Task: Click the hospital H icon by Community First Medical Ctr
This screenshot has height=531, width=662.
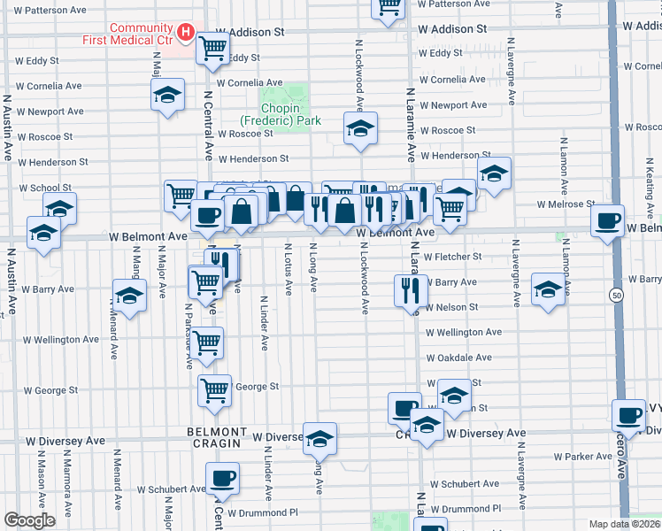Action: pos(186,33)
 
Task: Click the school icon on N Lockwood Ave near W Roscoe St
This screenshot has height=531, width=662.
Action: pos(360,128)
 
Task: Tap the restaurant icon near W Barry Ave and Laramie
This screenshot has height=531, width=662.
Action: pos(410,290)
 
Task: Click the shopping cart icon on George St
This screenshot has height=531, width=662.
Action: pos(215,390)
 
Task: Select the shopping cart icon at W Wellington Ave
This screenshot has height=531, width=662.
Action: pos(207,343)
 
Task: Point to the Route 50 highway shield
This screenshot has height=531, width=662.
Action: pos(615,294)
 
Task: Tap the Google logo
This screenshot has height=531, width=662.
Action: pos(29,520)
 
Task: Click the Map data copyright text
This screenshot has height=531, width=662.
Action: pos(623,524)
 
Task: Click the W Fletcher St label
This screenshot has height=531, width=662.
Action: pos(452,257)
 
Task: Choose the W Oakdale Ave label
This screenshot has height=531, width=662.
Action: pos(458,358)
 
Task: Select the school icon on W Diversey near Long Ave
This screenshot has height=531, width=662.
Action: pos(320,438)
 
